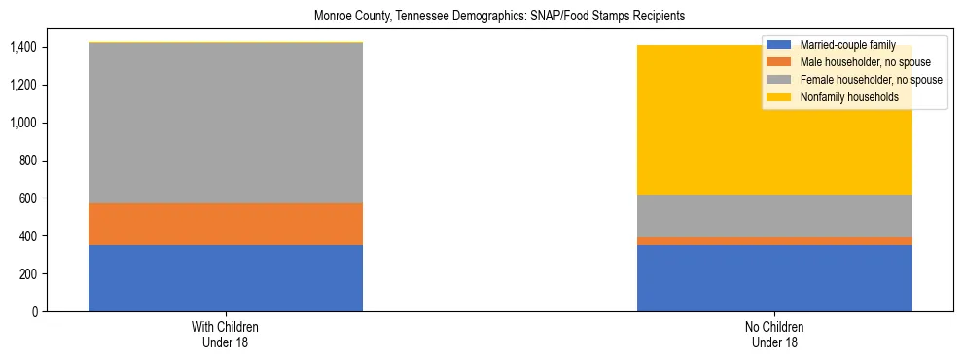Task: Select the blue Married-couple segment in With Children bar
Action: [226, 278]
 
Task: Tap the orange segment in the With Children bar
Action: [226, 224]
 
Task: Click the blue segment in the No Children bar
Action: [774, 278]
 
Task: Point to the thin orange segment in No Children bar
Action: [774, 241]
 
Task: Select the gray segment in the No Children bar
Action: [774, 216]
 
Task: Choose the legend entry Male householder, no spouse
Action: [855, 61]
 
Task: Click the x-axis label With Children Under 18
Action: [226, 335]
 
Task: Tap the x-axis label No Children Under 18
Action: [774, 335]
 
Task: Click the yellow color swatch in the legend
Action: [779, 97]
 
